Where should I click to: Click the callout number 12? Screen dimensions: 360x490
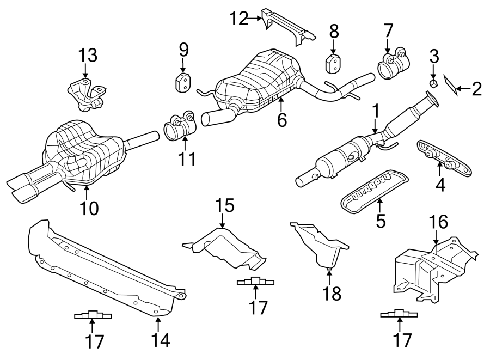coord(238,20)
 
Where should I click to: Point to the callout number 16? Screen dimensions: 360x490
coord(438,222)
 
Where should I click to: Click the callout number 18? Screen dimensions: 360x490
coord(332,294)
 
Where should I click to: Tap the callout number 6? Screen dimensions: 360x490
coord(281,119)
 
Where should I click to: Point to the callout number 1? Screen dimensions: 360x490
coord(375,112)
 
